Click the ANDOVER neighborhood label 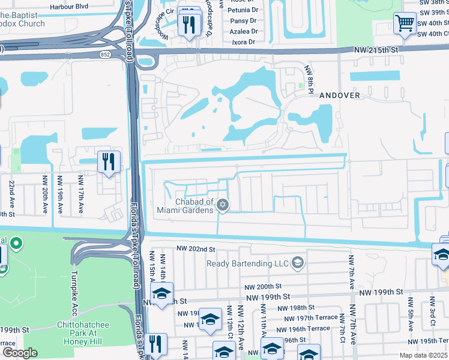tap(340, 95)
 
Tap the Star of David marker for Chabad tap(223, 206)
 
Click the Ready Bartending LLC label tap(247, 263)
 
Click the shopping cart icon tap(405, 23)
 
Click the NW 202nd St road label tap(196, 249)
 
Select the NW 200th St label tap(263, 287)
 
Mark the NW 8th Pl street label tap(309, 78)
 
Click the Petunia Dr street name tap(243, 10)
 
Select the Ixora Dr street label tap(243, 42)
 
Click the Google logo tap(20, 353)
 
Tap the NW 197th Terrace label tap(309, 317)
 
